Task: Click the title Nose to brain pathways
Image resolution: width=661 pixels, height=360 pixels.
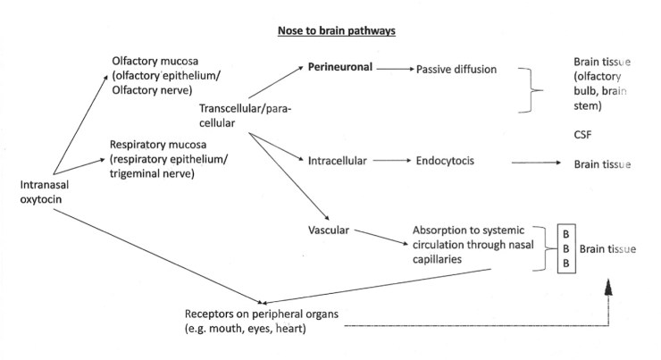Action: click(330, 30)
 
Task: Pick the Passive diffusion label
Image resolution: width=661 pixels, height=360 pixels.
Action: click(456, 68)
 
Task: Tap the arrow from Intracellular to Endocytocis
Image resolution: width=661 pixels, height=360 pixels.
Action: click(389, 161)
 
